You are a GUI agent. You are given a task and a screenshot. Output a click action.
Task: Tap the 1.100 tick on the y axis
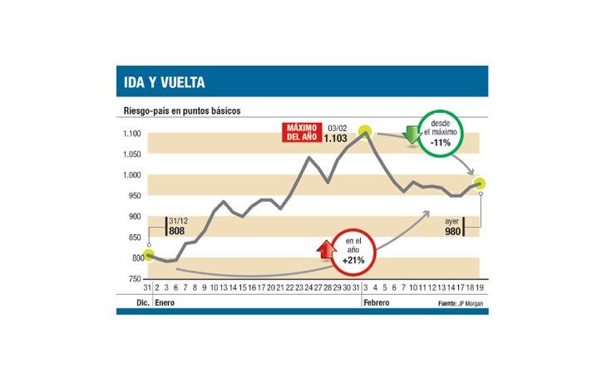point(132,134)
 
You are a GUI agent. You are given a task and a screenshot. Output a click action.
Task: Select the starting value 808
point(177,232)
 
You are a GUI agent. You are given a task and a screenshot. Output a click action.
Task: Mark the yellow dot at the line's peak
point(365,130)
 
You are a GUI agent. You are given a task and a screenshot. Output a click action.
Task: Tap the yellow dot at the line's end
point(480,184)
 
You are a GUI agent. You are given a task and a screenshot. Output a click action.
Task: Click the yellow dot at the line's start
point(148,254)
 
